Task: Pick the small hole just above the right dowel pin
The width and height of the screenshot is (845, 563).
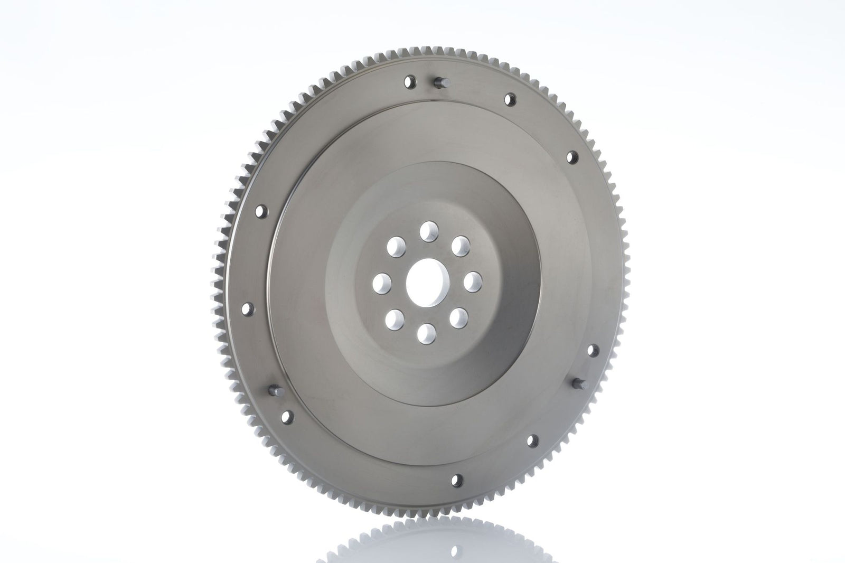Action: coord(591,350)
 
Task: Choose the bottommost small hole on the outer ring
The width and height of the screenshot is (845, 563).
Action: coord(458,480)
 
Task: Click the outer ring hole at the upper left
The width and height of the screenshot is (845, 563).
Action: coord(260,213)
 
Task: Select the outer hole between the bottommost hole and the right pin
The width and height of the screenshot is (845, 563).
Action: coord(533,439)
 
